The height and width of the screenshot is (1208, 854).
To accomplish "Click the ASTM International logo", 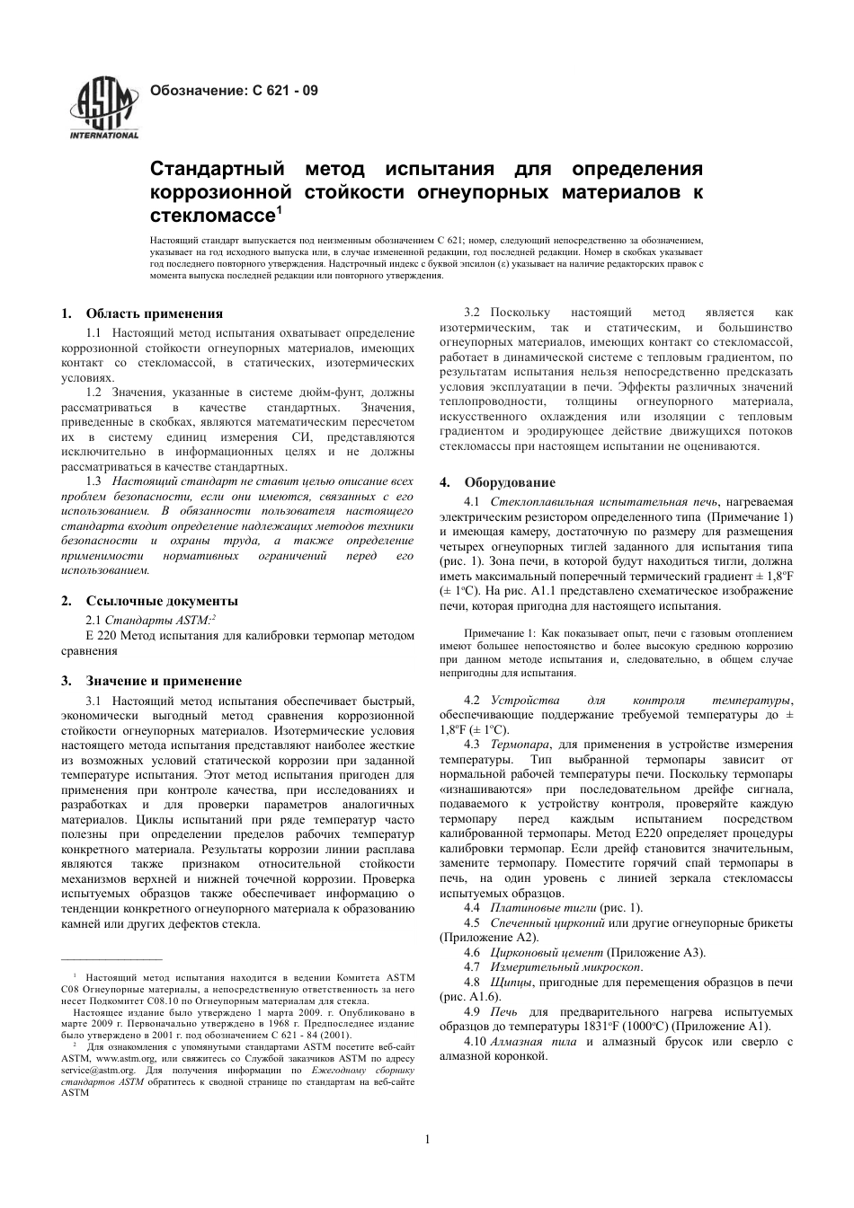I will pos(104,110).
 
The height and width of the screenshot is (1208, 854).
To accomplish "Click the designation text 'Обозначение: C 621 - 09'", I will pos(233,91).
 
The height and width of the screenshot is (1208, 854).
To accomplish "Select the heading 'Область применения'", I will pos(154,313).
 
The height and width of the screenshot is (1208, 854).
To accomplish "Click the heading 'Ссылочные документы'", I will pos(162,601).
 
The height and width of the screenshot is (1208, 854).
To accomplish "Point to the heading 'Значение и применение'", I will pos(164,681).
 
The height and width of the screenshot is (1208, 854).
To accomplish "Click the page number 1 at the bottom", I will pos(427,1141).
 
